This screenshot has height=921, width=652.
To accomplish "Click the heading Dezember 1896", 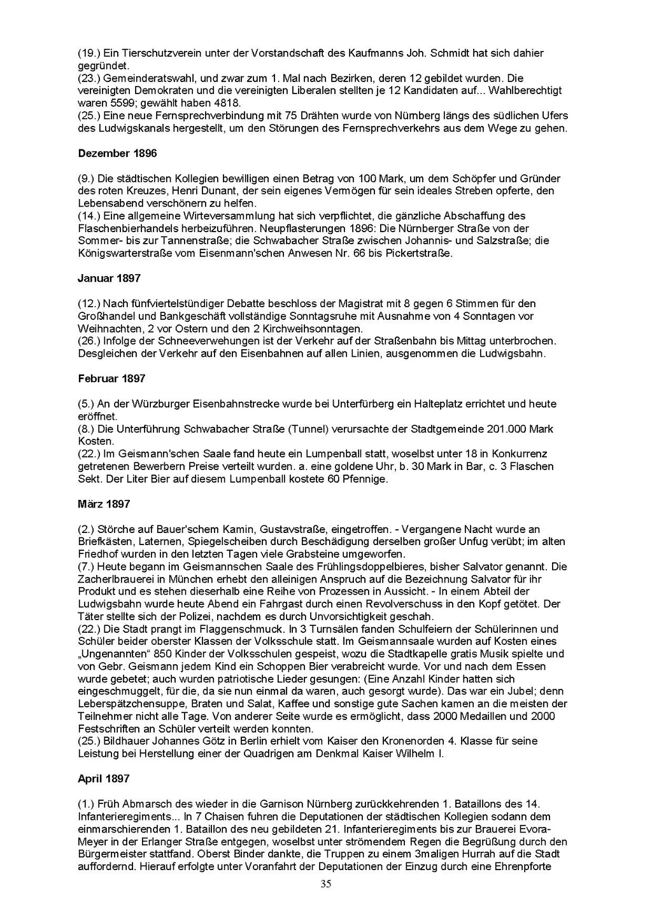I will tap(117, 153).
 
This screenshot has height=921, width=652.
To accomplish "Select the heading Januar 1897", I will tap(109, 278).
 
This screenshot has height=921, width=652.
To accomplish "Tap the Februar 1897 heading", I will tap(111, 378).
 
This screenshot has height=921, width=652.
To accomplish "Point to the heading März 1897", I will tap(104, 504).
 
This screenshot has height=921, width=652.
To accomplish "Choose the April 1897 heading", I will tap(104, 779).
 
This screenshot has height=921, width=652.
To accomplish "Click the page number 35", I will tap(326, 883).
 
